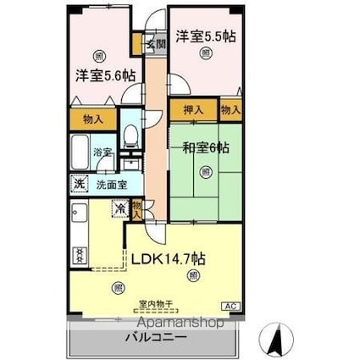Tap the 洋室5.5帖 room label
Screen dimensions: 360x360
tap(205, 36)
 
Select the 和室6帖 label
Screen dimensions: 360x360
tap(205, 148)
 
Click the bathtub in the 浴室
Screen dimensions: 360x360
tap(79, 156)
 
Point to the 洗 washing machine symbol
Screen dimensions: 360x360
tap(78, 183)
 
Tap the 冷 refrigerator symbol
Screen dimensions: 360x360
tap(121, 206)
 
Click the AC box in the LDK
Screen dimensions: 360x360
tap(230, 305)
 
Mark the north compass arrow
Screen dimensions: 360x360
tap(275, 340)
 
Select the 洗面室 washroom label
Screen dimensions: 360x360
tap(110, 183)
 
